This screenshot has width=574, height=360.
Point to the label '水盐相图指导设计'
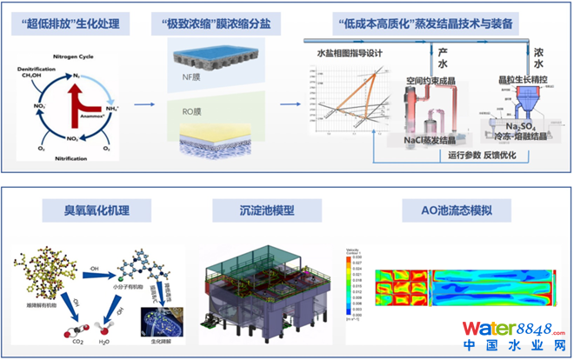tap(349, 54)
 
